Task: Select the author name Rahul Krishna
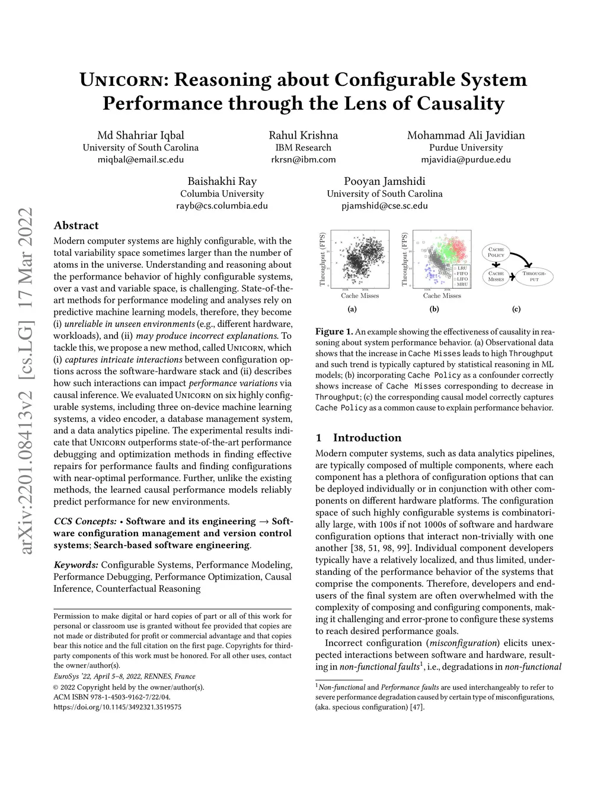303,135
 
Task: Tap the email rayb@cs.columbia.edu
222,206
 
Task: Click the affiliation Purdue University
466,148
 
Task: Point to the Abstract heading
76,225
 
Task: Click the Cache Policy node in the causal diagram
496,252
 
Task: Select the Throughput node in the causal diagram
534,276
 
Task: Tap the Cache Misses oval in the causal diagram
496,276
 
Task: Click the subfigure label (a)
352,309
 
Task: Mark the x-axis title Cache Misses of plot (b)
442,296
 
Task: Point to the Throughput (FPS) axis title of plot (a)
323,259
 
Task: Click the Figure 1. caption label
334,332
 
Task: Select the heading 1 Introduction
359,438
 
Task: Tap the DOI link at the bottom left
117,707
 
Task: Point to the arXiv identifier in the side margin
26,380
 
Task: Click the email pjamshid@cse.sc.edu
384,206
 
